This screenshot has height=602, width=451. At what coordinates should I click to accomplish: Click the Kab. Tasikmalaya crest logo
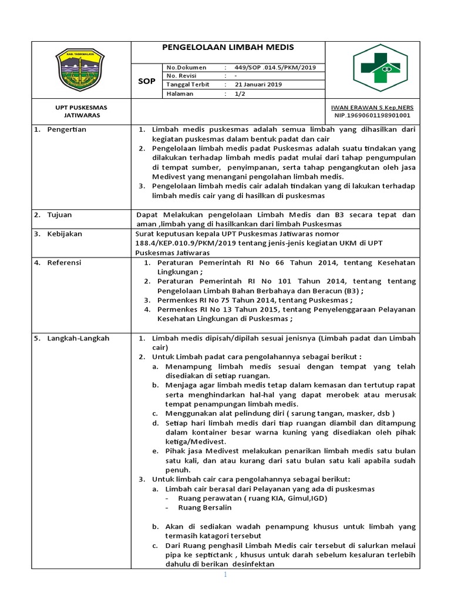80,71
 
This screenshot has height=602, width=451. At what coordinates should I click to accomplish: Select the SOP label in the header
146,81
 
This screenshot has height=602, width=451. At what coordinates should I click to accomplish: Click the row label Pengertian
66,129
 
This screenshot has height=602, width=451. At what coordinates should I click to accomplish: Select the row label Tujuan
60,215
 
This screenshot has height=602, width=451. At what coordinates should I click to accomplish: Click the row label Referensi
64,262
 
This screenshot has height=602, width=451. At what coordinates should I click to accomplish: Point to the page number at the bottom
225,574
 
